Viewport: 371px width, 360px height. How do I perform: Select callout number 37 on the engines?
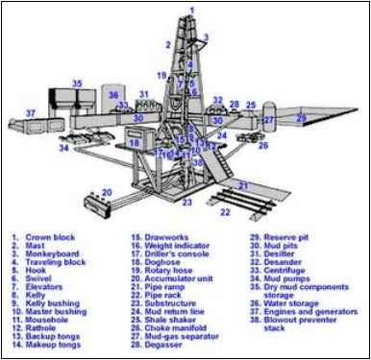tap(31, 113)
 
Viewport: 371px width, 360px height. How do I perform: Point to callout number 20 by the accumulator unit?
tap(107, 192)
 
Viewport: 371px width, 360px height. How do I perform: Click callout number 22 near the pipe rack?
tap(225, 211)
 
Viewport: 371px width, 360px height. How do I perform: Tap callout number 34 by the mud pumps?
tap(65, 148)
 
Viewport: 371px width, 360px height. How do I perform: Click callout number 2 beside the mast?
tap(167, 44)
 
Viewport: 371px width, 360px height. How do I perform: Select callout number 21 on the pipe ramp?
tap(244, 184)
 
